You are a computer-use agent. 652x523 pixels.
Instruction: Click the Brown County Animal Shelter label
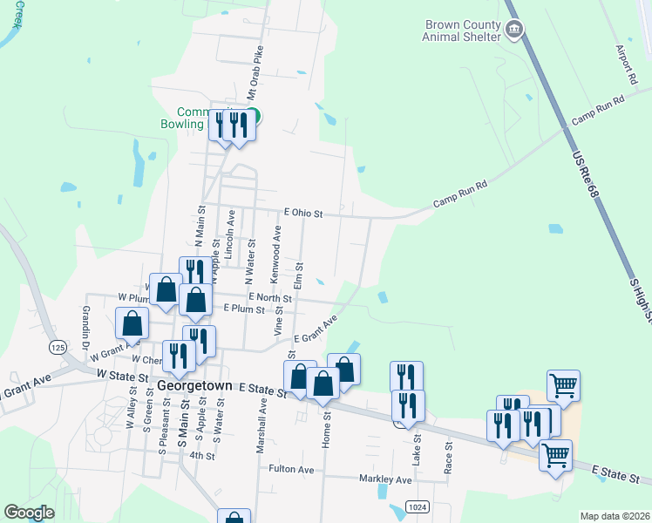click(462, 31)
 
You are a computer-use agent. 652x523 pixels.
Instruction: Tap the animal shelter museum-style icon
click(514, 31)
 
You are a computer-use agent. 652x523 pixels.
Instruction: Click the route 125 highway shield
click(58, 348)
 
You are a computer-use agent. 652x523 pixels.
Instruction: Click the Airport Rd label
click(627, 65)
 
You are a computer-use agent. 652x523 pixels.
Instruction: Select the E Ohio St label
click(303, 213)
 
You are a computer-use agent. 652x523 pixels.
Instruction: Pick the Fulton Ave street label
click(291, 469)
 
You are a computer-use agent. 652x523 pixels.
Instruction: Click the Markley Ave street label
click(385, 479)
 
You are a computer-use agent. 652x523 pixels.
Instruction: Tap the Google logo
click(29, 513)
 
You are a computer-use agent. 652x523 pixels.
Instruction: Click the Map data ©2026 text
click(615, 516)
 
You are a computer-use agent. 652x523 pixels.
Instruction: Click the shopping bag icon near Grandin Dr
click(132, 324)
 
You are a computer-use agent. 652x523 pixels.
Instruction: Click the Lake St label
click(417, 449)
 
